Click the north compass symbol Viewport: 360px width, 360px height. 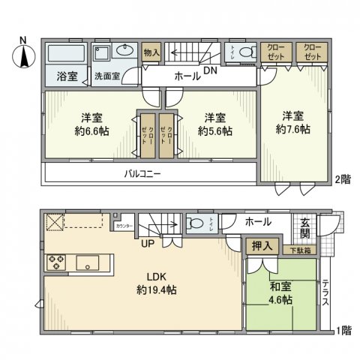point(22,53)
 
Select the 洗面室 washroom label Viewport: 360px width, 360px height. point(106,76)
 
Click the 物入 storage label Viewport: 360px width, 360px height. point(151,52)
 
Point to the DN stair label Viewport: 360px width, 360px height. point(211,70)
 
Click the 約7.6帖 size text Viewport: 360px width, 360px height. point(293,129)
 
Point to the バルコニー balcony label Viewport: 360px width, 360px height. point(142,173)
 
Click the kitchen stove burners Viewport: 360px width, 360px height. point(57,262)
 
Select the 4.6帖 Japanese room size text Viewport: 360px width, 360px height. point(280,299)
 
